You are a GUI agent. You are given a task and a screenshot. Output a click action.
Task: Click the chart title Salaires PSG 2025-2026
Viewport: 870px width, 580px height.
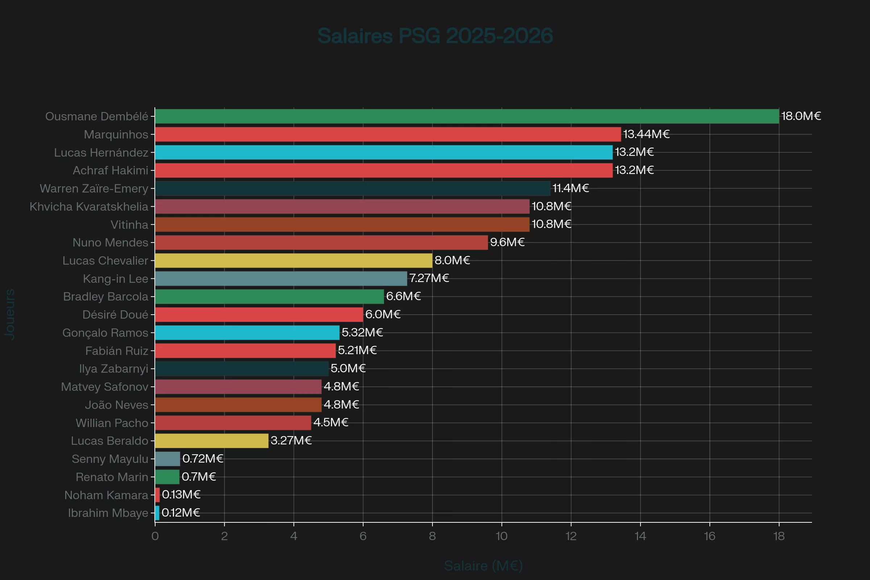coord(435,36)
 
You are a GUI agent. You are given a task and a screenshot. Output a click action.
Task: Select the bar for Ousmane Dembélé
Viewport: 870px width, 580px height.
coord(467,116)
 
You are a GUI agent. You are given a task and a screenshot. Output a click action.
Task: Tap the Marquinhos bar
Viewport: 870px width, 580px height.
coord(388,134)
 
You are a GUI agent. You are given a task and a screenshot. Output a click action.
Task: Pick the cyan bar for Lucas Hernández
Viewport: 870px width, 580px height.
coord(384,152)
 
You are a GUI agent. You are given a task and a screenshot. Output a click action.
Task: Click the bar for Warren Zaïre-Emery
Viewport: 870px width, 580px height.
coord(352,188)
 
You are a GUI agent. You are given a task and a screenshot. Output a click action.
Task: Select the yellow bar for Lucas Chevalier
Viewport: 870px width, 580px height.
coord(293,260)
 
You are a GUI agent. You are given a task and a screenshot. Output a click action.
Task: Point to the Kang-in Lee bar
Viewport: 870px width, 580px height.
coord(281,278)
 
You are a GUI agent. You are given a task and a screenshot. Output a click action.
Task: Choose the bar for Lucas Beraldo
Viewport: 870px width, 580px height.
coord(212,440)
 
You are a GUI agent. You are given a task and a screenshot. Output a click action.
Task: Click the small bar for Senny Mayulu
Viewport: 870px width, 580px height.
coord(167,459)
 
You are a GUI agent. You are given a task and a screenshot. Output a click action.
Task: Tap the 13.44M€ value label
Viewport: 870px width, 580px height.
coord(646,134)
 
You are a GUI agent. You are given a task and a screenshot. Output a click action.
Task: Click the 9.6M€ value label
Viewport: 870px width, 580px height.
coord(507,242)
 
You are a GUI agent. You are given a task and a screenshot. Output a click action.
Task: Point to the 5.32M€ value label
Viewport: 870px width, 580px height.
coord(362,332)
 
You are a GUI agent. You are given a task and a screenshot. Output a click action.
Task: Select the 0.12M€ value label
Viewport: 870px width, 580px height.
coord(181,512)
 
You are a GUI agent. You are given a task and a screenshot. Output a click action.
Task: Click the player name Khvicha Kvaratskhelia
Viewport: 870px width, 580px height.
coord(89,206)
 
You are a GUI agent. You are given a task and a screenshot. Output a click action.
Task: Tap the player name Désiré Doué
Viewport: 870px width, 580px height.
coord(115,314)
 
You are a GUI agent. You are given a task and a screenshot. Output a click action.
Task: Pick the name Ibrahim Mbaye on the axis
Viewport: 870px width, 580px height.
coord(108,513)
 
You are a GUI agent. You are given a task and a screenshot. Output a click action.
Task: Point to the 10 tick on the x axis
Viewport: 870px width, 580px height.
coord(502,536)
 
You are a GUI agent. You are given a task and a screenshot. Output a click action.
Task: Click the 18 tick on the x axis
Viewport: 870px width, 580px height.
coord(779,536)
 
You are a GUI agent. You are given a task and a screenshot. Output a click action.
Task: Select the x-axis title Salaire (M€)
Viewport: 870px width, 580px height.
coord(483,565)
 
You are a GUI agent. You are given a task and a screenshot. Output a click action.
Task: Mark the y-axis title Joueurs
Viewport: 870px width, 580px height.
coord(10,314)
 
